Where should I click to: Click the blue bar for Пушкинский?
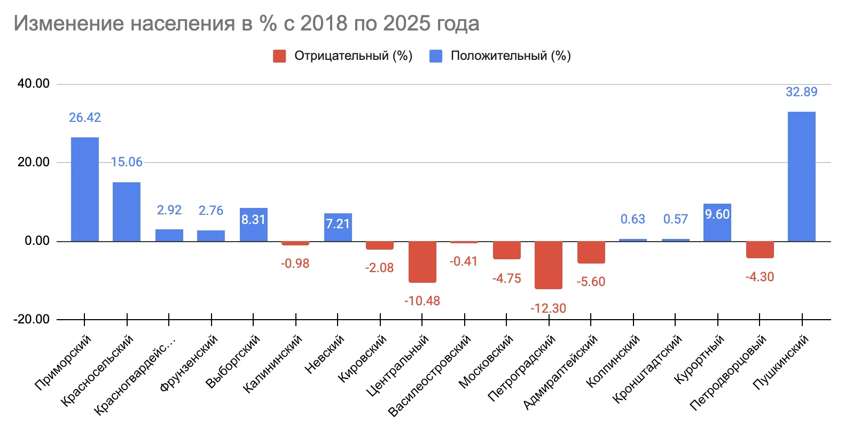pos(801,176)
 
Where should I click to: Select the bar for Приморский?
pos(85,189)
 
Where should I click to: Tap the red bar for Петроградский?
pos(549,265)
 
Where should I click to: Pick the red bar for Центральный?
pos(422,262)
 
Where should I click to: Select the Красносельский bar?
pos(127,212)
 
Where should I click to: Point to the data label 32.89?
pos(801,92)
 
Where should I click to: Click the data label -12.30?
pos(548,308)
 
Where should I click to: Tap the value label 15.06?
pos(127,163)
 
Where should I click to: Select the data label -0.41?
pos(463,261)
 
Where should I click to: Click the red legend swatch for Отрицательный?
pos(279,56)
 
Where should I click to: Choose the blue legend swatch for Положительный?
pos(436,56)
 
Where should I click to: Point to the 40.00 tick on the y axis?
pos(33,84)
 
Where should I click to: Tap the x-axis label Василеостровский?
pos(430,375)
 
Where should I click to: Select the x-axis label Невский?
pos(325,353)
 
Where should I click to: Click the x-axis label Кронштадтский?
pos(647,368)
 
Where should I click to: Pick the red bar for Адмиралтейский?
pos(591,252)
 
